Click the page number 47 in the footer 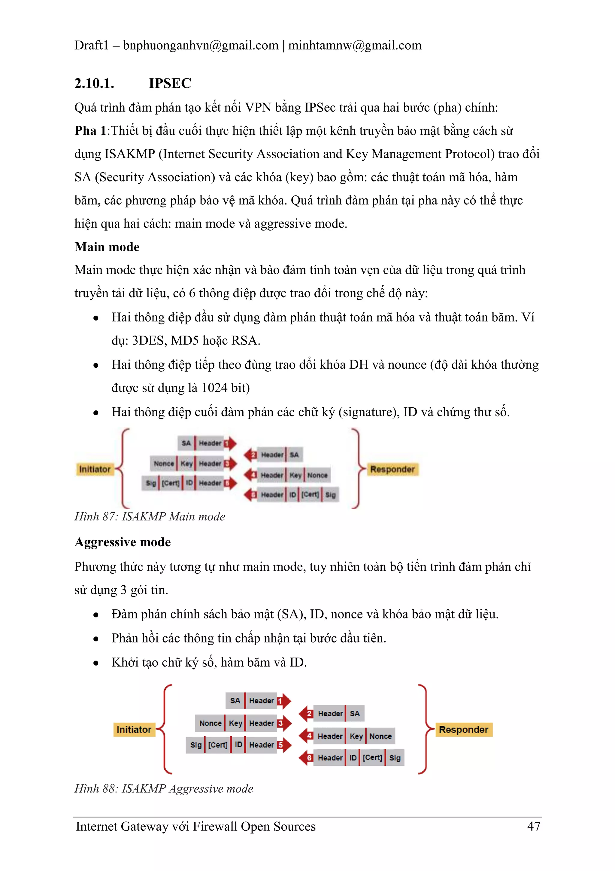(x=534, y=826)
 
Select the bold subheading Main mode (x=107, y=247)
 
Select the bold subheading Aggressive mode (x=123, y=542)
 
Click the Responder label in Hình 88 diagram (x=463, y=729)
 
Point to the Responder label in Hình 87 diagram (x=392, y=469)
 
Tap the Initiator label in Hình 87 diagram (x=94, y=469)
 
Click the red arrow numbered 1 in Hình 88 (x=284, y=701)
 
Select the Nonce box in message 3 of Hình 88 (x=210, y=723)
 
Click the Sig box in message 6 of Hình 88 (x=395, y=758)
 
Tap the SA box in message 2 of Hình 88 (x=355, y=713)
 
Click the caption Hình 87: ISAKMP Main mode (x=150, y=517)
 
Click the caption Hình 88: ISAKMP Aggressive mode (x=164, y=789)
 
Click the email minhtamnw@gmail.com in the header (x=355, y=45)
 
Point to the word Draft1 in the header (x=91, y=45)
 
